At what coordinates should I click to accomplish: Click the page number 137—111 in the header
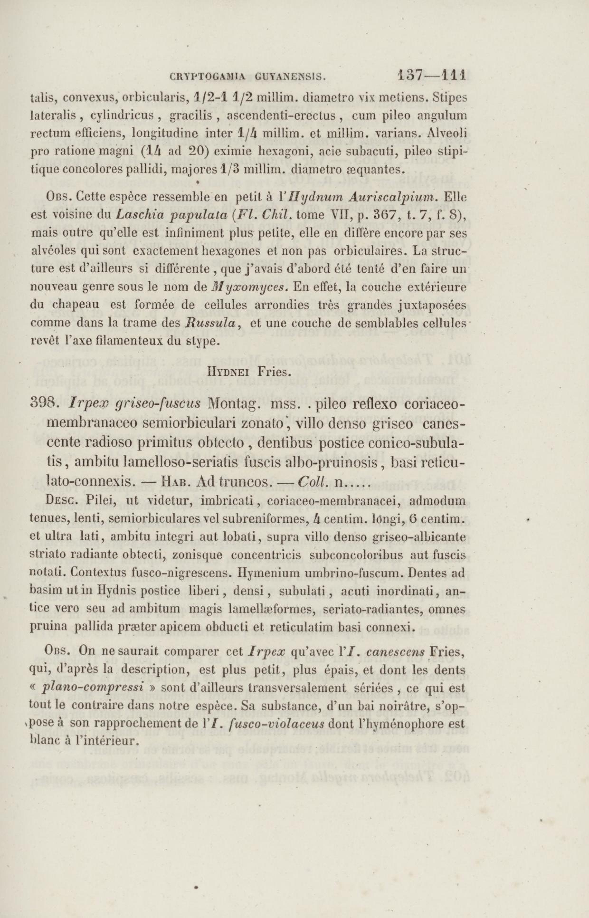[431, 75]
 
